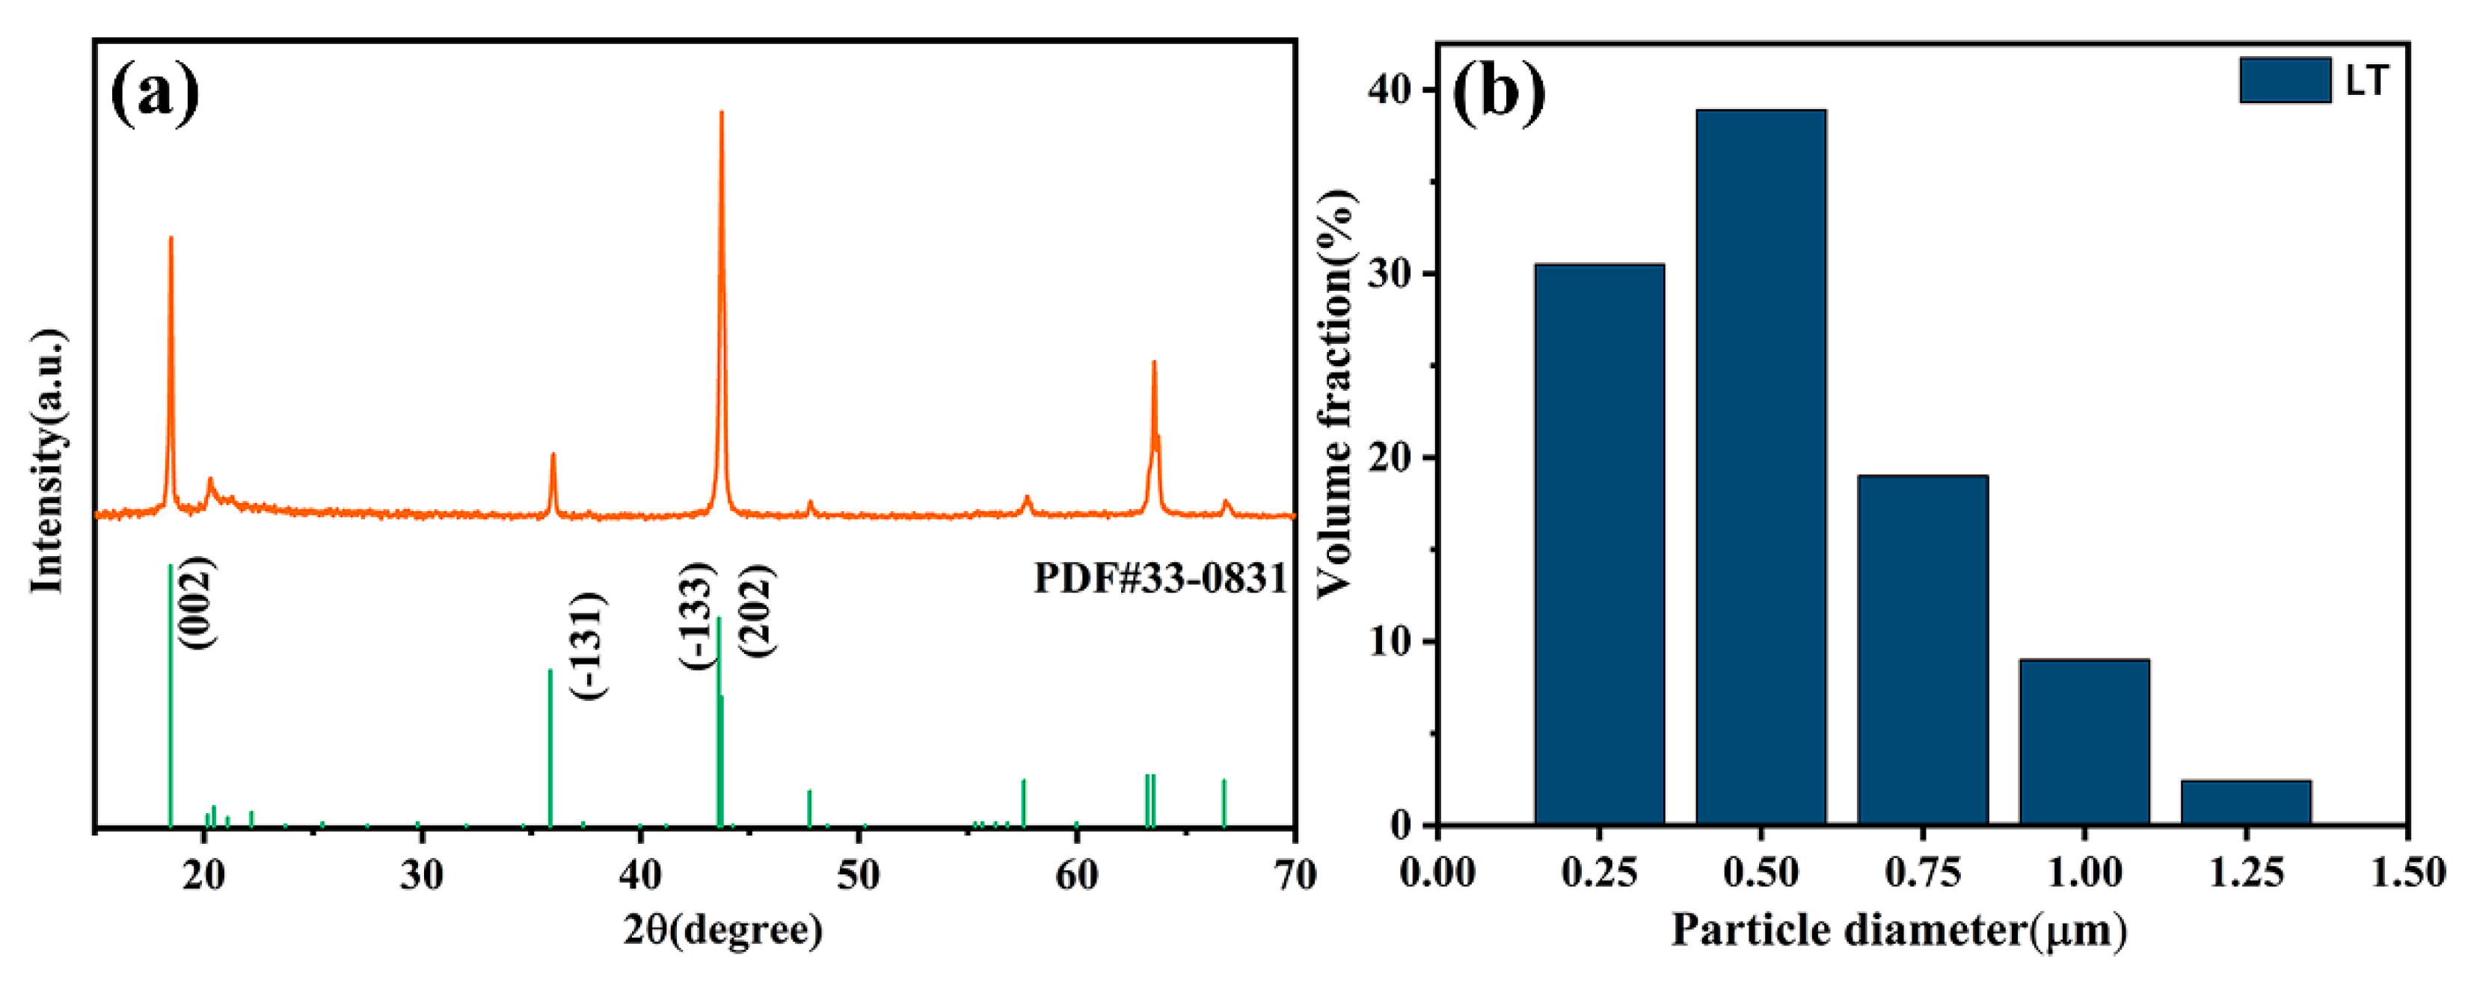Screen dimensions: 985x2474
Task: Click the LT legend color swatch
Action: coord(2285,80)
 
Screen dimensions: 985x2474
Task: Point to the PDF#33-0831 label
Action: coord(1159,579)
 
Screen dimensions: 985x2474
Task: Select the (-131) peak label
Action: coord(589,646)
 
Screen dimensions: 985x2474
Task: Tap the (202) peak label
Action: coord(758,611)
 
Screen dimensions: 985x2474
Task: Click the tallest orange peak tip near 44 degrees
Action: coord(721,114)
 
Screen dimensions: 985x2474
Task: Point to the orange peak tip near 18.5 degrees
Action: coord(171,238)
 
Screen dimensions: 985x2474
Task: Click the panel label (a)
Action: coord(155,93)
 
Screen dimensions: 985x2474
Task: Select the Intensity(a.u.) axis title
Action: coord(48,462)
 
